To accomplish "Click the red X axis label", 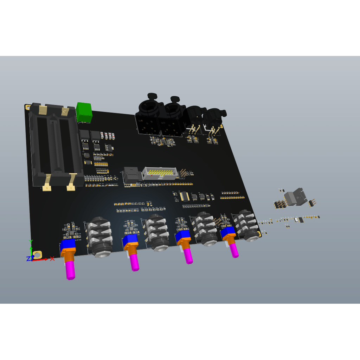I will (52, 259).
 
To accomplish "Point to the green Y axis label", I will (31, 242).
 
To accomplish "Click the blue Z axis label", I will (28, 259).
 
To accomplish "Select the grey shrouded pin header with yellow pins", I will (160, 173).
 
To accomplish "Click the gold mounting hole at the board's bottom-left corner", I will (37, 255).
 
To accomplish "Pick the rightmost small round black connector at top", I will (214, 120).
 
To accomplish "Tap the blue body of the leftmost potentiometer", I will (68, 245).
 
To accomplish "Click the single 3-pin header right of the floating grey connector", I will (312, 202).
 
